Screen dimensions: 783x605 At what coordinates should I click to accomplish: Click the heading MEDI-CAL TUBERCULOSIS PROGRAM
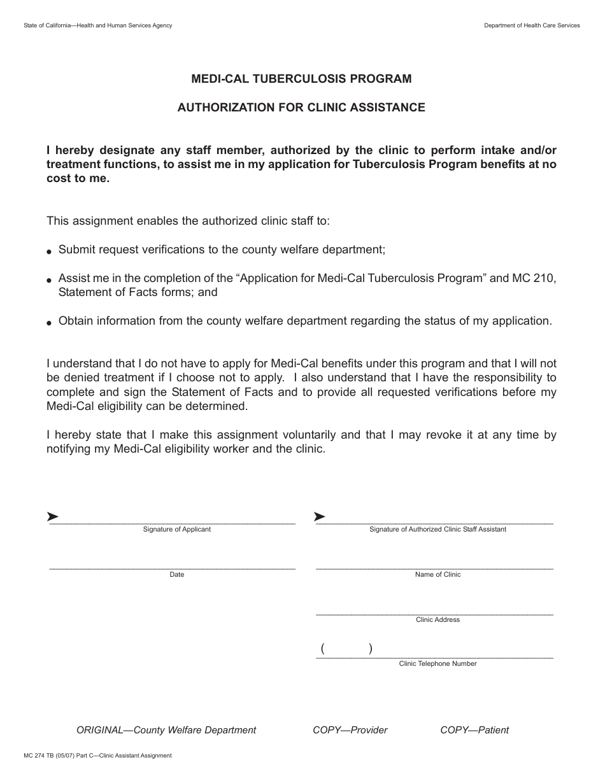pyautogui.click(x=301, y=79)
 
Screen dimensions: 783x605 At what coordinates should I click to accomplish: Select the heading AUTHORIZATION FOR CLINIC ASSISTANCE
pyautogui.click(x=301, y=108)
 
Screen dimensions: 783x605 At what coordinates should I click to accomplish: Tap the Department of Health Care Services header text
pyautogui.click(x=532, y=25)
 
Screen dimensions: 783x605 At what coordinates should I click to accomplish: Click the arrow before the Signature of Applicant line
pyautogui.click(x=53, y=516)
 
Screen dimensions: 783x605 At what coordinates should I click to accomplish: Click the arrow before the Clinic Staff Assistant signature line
pyautogui.click(x=320, y=516)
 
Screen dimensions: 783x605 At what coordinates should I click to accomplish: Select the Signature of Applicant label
pyautogui.click(x=176, y=529)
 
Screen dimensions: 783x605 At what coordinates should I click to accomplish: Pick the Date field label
pyautogui.click(x=176, y=574)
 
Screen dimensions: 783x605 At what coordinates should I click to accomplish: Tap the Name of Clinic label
pyautogui.click(x=438, y=574)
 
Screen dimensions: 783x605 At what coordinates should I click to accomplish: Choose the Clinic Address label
pyautogui.click(x=438, y=619)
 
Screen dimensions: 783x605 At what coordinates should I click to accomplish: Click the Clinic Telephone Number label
pyautogui.click(x=438, y=663)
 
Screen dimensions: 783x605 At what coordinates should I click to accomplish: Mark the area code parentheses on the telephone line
pyautogui.click(x=346, y=649)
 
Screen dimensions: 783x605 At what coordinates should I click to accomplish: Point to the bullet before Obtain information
pyautogui.click(x=50, y=323)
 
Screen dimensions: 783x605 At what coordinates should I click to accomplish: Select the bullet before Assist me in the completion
pyautogui.click(x=50, y=280)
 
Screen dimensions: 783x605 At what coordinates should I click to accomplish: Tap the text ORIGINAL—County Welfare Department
pyautogui.click(x=166, y=730)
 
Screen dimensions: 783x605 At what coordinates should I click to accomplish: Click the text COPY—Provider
pyautogui.click(x=350, y=730)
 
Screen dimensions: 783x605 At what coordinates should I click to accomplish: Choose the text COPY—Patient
pyautogui.click(x=474, y=730)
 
